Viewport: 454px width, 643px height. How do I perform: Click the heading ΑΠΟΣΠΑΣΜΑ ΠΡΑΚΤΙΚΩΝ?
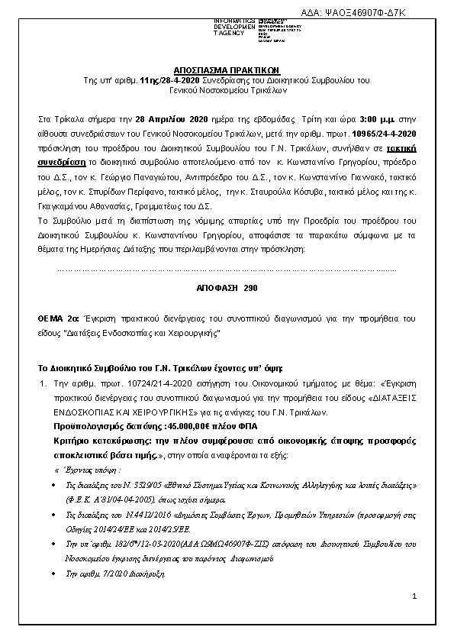coord(227,68)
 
